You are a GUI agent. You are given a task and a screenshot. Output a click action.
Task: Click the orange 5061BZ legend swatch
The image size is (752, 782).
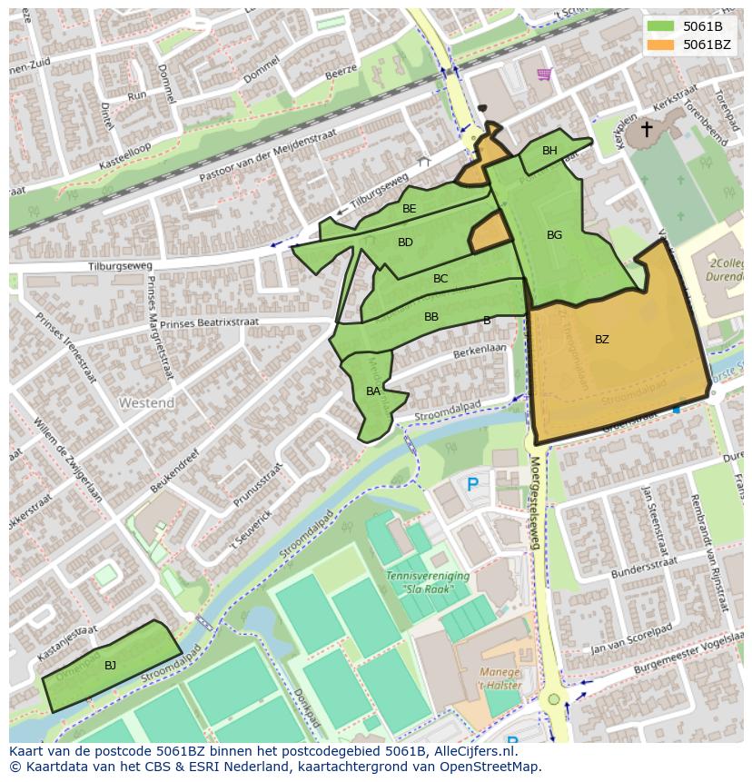[661, 45]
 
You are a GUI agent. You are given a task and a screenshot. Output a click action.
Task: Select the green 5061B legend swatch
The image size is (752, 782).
[661, 26]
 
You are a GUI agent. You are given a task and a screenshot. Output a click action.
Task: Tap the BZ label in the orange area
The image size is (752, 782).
[602, 340]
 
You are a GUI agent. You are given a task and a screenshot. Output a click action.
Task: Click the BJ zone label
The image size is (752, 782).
[110, 666]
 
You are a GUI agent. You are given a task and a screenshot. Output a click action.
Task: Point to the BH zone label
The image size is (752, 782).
[549, 151]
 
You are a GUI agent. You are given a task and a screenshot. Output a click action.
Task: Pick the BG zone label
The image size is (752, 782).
[554, 235]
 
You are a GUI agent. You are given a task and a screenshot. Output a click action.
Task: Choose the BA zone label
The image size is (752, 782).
[373, 391]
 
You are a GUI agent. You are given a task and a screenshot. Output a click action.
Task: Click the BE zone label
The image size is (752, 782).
[410, 209]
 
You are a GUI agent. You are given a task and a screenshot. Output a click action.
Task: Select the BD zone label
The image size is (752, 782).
[405, 243]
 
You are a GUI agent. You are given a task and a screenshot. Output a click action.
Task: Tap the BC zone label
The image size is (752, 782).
[440, 279]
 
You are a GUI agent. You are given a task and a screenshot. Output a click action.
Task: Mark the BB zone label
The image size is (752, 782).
[431, 317]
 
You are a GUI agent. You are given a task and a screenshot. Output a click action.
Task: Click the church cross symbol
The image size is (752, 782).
[647, 130]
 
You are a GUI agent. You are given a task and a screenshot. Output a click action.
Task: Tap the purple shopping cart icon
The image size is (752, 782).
[544, 74]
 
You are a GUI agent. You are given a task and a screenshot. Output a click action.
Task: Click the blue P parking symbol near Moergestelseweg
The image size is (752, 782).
[472, 485]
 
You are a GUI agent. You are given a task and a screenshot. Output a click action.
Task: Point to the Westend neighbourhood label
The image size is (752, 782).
[146, 402]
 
